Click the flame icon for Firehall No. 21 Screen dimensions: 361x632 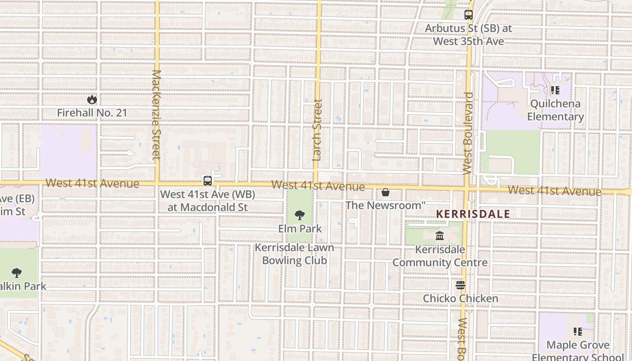click(92, 99)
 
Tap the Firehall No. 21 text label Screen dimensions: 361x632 click(92, 112)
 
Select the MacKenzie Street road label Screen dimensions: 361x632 click(156, 115)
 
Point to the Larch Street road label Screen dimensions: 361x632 click(317, 130)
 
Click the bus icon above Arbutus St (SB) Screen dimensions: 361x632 click(468, 15)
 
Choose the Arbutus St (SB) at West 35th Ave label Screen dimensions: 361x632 click(468, 35)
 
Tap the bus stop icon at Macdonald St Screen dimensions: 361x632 click(208, 181)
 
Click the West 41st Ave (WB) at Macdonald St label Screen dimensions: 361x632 click(208, 201)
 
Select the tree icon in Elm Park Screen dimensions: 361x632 click(299, 215)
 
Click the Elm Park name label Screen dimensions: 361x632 click(300, 229)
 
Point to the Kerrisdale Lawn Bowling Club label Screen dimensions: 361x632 click(294, 254)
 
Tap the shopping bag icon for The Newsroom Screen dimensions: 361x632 click(386, 193)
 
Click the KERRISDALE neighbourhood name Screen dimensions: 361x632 click(473, 214)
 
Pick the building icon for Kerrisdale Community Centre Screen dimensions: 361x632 click(440, 236)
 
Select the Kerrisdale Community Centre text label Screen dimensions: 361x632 click(440, 256)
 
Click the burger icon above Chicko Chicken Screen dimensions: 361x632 click(460, 285)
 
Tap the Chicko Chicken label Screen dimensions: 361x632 click(460, 298)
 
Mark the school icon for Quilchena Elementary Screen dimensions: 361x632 click(555, 90)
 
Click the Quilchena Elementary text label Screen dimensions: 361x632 click(555, 110)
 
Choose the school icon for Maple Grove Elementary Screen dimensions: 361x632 click(577, 332)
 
